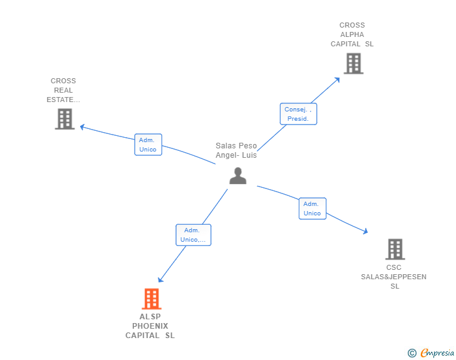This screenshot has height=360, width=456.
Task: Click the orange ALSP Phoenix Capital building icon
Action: [152, 299]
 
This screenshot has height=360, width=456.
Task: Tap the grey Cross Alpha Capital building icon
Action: [353, 63]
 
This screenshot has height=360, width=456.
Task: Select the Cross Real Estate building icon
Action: [65, 119]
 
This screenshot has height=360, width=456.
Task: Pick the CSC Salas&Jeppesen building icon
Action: [395, 249]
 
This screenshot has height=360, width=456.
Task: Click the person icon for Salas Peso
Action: [237, 176]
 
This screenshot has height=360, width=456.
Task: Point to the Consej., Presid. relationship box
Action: [298, 114]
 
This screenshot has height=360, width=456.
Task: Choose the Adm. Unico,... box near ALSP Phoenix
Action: [193, 235]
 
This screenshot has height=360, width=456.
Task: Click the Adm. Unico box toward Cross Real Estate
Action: [148, 145]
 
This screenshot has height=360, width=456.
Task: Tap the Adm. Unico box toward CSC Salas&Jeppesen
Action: [312, 208]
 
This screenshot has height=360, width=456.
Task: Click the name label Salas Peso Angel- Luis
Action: [236, 150]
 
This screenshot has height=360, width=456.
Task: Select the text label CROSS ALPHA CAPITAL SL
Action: [352, 35]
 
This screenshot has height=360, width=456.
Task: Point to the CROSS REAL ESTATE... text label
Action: [63, 90]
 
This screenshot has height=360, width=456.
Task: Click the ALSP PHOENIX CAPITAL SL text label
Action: [150, 326]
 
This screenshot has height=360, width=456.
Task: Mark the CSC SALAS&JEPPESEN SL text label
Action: [394, 277]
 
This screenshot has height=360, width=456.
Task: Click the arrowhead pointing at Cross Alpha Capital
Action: [338, 79]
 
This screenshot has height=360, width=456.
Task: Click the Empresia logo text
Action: [437, 353]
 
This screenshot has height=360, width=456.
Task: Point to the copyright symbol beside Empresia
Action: [412, 353]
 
